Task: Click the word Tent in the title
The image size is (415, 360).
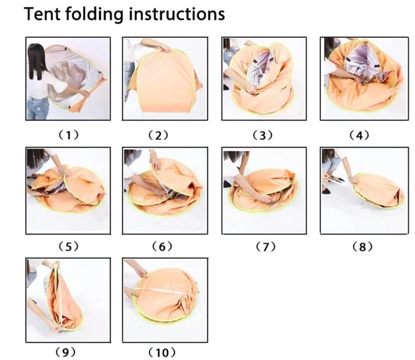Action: pyautogui.click(x=43, y=14)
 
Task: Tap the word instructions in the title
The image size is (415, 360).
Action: pyautogui.click(x=177, y=14)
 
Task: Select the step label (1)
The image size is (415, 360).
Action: pyautogui.click(x=68, y=135)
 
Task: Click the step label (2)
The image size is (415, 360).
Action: pyautogui.click(x=158, y=135)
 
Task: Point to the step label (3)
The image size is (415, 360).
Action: pyautogui.click(x=262, y=135)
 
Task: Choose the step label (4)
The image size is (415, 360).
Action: pyautogui.click(x=359, y=135)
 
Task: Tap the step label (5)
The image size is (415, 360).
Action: pyautogui.click(x=68, y=247)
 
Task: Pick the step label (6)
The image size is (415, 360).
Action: pyautogui.click(x=162, y=247)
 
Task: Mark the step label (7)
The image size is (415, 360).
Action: pyautogui.click(x=266, y=247)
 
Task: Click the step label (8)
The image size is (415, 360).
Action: pyautogui.click(x=362, y=247)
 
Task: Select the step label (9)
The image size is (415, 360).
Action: pyautogui.click(x=65, y=352)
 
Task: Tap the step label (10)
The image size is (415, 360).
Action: pyautogui.click(x=162, y=352)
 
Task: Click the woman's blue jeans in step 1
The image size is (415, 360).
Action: pyautogui.click(x=38, y=108)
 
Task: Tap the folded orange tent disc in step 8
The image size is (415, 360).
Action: pyautogui.click(x=379, y=191)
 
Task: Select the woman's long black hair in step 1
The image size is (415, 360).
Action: pyautogui.click(x=37, y=61)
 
